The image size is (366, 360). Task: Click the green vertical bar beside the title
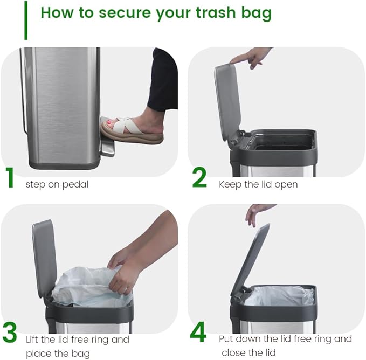[x=25, y=20]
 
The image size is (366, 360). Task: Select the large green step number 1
[x=10, y=178]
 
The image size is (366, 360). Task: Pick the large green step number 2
[x=199, y=178]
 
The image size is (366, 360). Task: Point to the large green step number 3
[x=10, y=333]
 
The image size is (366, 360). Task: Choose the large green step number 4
[x=198, y=333]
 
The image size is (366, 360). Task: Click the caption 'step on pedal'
[x=57, y=184]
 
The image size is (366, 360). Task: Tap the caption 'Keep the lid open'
[x=258, y=184]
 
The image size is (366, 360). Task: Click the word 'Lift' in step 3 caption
[x=33, y=340]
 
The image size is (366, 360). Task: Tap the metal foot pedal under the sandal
[x=107, y=148]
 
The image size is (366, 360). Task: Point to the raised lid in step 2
[x=227, y=102]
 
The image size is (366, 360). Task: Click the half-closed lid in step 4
[x=251, y=259]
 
